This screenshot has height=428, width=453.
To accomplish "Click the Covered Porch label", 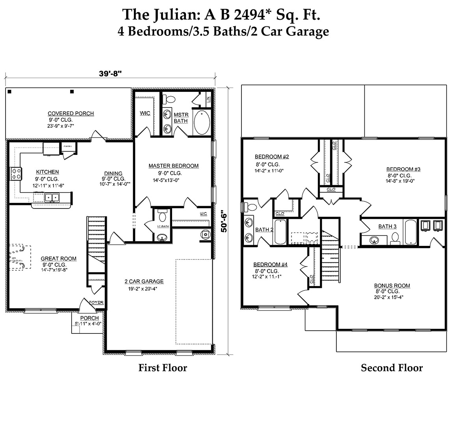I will click(x=71, y=114).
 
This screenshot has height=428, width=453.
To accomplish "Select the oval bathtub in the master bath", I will click(x=202, y=123).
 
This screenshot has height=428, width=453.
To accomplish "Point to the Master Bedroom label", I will click(x=173, y=166).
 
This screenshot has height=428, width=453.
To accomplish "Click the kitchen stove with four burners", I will click(x=16, y=174).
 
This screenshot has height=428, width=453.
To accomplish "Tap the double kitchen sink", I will click(x=52, y=197).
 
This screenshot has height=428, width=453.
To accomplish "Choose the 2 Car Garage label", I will click(x=144, y=281).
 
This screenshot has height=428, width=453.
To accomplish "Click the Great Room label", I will click(x=59, y=259).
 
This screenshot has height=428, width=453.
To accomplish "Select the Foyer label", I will click(x=96, y=303).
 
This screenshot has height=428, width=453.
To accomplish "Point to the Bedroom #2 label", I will click(x=272, y=156).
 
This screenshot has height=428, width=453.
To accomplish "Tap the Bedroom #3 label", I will click(x=403, y=169).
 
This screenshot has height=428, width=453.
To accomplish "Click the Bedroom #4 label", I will click(x=270, y=264).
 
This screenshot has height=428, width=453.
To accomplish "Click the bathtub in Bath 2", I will click(x=280, y=232).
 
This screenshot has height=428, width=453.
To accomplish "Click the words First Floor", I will click(x=162, y=368).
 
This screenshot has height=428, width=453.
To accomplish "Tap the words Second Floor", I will click(x=392, y=368).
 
